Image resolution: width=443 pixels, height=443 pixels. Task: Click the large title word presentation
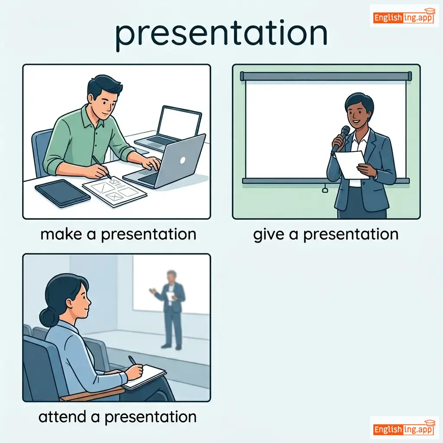coord(221,35)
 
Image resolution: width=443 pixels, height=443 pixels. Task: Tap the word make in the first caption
coord(61,234)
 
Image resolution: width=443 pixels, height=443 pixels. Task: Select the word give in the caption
coord(268,235)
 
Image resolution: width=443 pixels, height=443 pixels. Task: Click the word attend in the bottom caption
coord(62,417)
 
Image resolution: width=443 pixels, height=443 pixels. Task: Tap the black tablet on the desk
coord(62,193)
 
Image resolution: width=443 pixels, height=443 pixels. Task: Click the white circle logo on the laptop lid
coord(183,160)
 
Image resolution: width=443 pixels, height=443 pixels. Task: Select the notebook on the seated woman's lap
coord(144,377)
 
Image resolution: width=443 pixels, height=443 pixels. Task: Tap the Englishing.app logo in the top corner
coord(404,16)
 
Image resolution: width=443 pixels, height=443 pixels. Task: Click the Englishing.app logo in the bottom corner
coord(404,428)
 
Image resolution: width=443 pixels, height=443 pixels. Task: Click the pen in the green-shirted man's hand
coord(101,167)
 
